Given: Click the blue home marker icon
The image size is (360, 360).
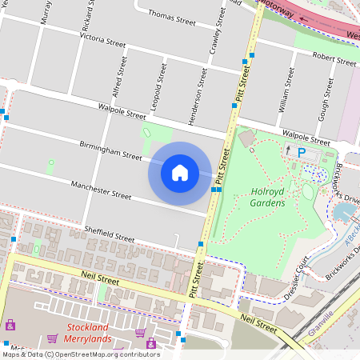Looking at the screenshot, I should (180, 172).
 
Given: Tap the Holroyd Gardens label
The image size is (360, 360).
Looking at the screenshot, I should (268, 198).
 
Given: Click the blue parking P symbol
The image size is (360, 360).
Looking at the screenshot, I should (302, 153).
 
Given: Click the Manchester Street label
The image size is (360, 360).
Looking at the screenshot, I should (100, 190).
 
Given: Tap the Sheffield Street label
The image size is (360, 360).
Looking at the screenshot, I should (110, 234).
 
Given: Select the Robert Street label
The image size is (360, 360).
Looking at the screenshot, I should (334, 58).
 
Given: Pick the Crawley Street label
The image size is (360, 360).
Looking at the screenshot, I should (213, 35).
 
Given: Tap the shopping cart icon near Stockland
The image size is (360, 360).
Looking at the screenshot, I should (140, 333).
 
